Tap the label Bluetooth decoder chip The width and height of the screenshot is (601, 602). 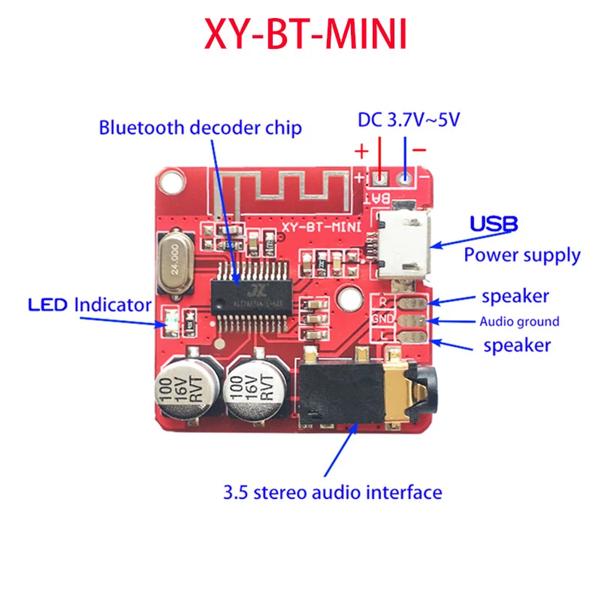click(200, 128)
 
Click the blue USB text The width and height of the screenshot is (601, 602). click(494, 224)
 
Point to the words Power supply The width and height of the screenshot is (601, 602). click(521, 255)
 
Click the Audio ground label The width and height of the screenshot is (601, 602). click(519, 322)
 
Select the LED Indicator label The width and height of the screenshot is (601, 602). click(89, 305)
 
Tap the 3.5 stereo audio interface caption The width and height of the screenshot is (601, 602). click(332, 493)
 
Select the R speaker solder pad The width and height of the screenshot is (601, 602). click(412, 303)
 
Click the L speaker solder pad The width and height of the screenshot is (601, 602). click(412, 337)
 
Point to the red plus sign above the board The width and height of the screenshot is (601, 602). click(361, 151)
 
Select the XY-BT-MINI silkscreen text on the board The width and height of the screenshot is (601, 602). click(319, 226)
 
